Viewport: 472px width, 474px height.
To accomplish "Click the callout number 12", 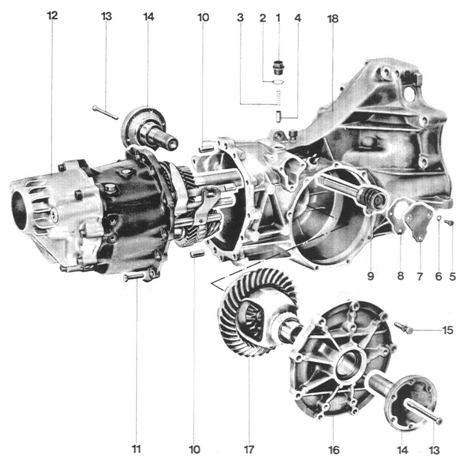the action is (x=53, y=16).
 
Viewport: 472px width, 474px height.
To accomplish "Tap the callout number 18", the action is (x=333, y=19).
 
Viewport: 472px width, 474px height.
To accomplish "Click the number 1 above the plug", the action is (x=278, y=18).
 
